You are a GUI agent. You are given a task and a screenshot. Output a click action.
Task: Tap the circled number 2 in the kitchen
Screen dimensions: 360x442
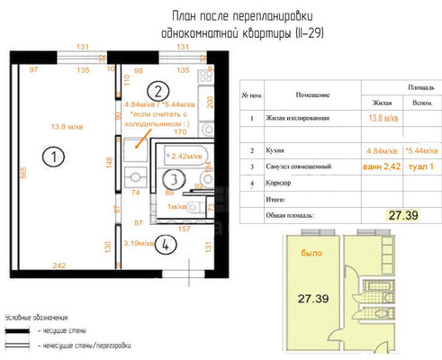coord(156,90)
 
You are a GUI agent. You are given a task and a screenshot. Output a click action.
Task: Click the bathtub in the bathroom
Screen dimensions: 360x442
coord(187,156)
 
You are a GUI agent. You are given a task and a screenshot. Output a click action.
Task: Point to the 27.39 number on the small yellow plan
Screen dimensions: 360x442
coord(318,299)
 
